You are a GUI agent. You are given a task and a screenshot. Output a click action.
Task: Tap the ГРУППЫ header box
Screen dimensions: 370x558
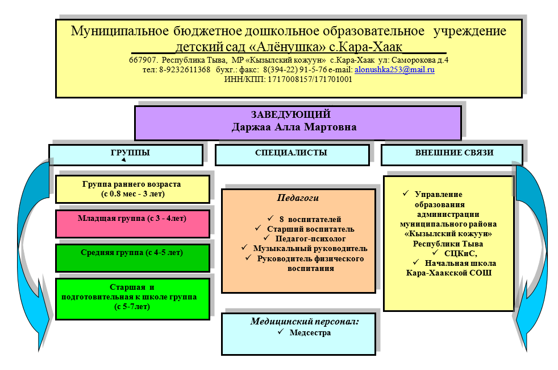click(126, 154)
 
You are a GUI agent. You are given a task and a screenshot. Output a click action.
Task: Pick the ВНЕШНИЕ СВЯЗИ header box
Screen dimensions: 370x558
click(451, 154)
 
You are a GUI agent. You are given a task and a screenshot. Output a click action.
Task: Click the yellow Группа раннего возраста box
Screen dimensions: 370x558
click(132, 189)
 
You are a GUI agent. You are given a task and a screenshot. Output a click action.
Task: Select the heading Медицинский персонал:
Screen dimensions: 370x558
click(305, 322)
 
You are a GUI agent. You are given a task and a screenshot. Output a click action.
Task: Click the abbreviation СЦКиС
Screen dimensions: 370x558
click(460, 254)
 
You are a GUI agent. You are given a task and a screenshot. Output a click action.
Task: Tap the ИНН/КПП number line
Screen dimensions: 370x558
click(289, 80)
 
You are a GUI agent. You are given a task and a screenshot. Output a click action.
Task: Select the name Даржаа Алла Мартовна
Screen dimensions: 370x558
click(294, 127)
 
